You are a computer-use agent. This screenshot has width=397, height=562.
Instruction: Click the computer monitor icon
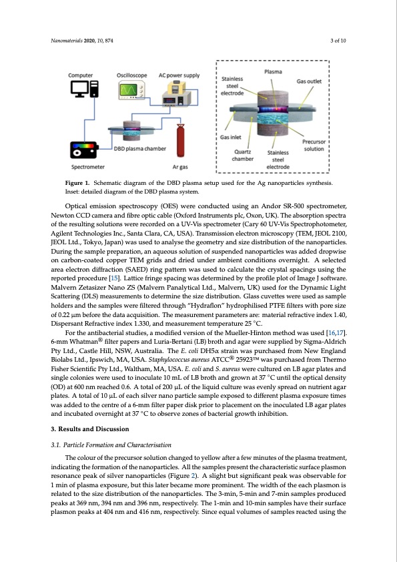[x=80, y=89]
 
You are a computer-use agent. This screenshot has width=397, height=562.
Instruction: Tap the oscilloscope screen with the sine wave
[x=128, y=89]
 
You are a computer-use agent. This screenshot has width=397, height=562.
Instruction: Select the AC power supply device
[x=176, y=93]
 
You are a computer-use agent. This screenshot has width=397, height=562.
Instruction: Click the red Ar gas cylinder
[x=180, y=140]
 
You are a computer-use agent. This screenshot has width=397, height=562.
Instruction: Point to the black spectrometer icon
[x=84, y=150]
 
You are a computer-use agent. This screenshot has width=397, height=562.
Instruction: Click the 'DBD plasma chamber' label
[x=139, y=148]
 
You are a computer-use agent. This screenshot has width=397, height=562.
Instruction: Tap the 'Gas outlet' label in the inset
[x=309, y=81]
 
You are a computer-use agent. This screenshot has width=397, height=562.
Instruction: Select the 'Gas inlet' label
[x=230, y=137]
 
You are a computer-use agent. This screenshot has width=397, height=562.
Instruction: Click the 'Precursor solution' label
[x=314, y=145]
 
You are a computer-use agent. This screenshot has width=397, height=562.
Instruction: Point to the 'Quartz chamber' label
[x=243, y=156]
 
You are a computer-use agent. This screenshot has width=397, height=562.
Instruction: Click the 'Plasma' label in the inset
[x=273, y=71]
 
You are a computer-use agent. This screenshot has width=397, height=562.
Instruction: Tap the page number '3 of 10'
[x=338, y=41]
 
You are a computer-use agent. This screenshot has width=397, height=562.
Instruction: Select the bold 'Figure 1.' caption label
[x=77, y=183]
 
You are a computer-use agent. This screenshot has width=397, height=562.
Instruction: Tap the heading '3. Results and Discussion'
[x=90, y=429]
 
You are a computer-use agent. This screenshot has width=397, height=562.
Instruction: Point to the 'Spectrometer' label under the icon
[x=88, y=167]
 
